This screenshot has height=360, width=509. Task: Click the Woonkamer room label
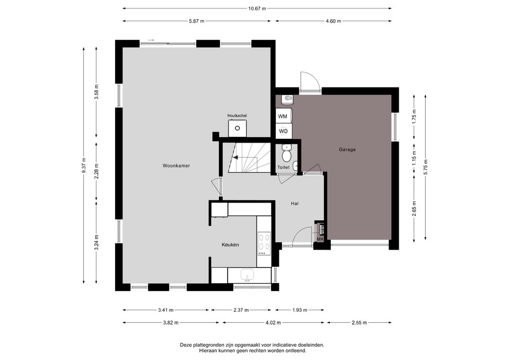point(176,166)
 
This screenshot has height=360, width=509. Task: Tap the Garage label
point(347,150)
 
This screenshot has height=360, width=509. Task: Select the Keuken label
point(230,245)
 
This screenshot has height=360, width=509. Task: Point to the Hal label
point(294,204)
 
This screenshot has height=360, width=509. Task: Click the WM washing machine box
point(283,116)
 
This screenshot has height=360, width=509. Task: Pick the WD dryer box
point(283,131)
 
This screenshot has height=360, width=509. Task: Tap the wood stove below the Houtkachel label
point(238,128)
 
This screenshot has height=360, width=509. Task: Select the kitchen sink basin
point(248,275)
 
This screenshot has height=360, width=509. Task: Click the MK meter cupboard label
point(320,239)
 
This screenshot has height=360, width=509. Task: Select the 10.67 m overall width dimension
point(257,9)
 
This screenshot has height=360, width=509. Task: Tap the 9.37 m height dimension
point(84,165)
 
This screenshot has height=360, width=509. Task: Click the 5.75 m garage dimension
point(425,168)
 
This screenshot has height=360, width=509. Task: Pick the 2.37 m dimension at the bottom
point(241,310)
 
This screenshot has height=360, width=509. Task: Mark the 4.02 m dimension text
point(273,323)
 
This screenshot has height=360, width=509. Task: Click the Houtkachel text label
point(237,116)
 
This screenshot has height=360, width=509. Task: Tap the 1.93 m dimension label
point(300,310)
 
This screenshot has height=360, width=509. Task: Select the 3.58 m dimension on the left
point(96,92)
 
